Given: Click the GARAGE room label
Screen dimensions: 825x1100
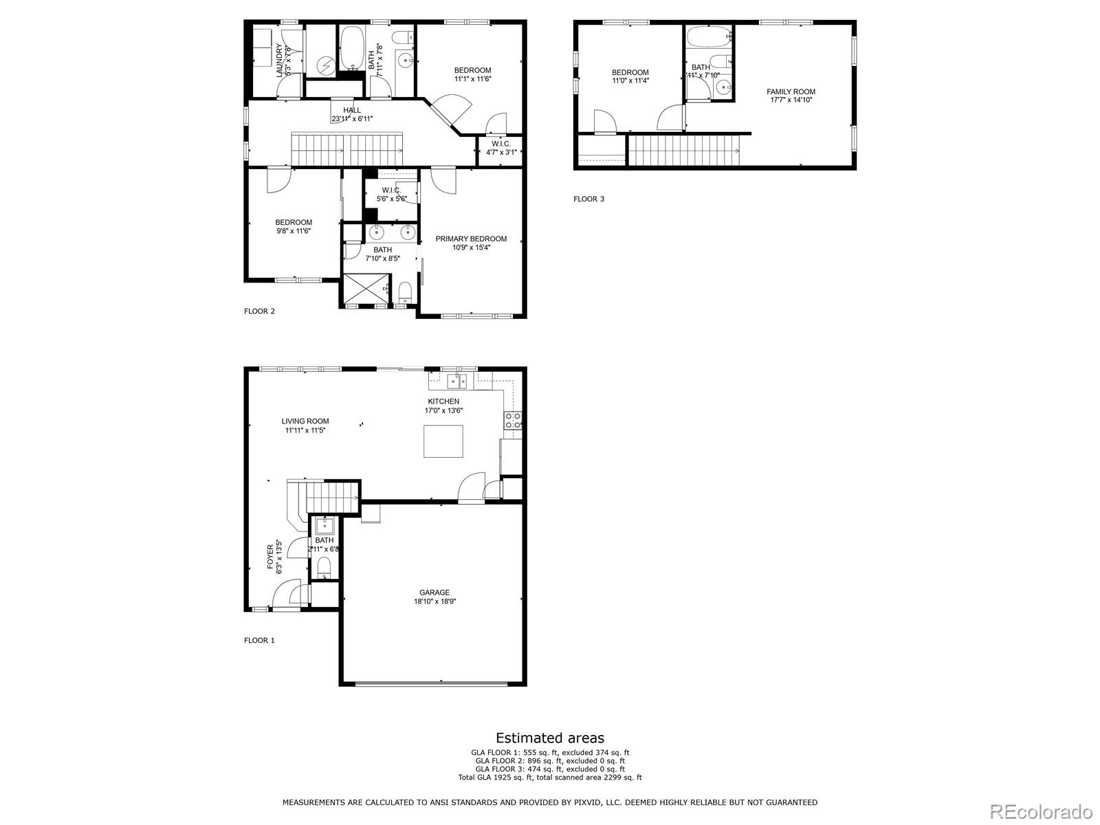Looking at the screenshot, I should coord(434,592).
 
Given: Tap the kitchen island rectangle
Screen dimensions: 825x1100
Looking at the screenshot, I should coord(443,441).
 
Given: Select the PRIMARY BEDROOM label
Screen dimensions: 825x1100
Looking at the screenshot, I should coord(471,239).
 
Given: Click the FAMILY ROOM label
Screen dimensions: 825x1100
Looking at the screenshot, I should coord(791,91).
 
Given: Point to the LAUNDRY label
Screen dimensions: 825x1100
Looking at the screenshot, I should coord(280,60).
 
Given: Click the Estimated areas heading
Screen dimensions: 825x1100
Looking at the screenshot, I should coord(550,738).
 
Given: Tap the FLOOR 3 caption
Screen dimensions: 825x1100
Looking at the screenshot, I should coord(588,199).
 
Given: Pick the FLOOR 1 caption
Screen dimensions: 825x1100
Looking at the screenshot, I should coord(259,640).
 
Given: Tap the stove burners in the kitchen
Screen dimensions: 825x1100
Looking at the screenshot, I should coord(513,420).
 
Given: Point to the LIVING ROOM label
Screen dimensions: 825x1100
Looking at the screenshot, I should coord(305,421).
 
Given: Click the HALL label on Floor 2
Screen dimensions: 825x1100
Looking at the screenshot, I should coord(352,110).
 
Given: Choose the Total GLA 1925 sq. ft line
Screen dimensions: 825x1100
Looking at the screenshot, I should coord(550,778).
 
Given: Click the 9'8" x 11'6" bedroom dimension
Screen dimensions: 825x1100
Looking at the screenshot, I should coord(294,231).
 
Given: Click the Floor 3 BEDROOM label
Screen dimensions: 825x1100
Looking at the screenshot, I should coord(630,72).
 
